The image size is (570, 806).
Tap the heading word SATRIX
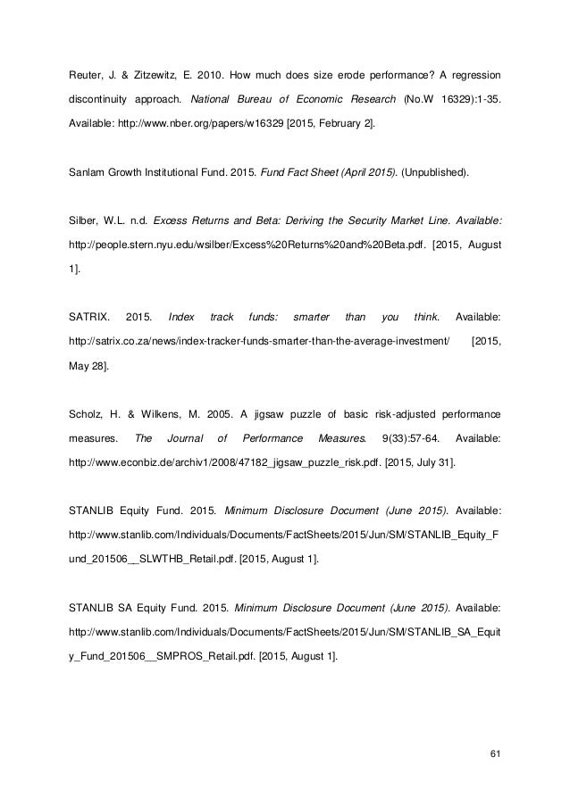click(x=88, y=316)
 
